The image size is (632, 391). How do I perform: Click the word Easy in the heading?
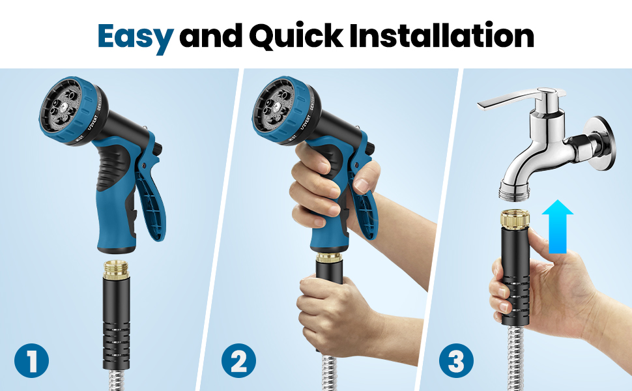[x=136, y=36]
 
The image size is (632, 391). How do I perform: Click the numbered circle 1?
[x=31, y=360]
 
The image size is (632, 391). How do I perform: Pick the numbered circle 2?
[x=238, y=360]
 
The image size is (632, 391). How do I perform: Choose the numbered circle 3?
[x=457, y=360]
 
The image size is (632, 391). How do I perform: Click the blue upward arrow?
[x=558, y=226]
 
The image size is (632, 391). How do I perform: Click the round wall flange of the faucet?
[x=601, y=143]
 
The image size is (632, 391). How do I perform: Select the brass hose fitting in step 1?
[x=116, y=270]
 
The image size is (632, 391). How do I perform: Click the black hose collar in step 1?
[x=116, y=324]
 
